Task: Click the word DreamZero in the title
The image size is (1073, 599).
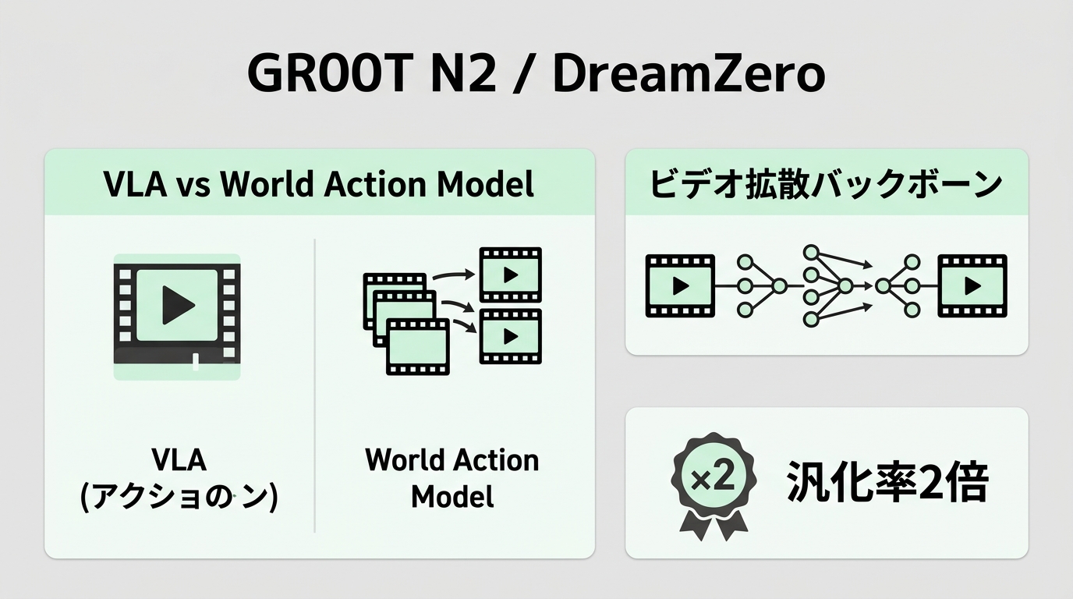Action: click(689, 74)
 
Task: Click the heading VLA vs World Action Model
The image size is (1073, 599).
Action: click(319, 184)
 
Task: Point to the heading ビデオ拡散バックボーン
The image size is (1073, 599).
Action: click(826, 184)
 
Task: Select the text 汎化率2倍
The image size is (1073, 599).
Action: click(887, 482)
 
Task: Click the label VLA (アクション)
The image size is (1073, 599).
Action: click(179, 479)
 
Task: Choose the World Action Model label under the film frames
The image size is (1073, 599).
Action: click(452, 478)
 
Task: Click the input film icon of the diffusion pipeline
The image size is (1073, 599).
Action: click(680, 286)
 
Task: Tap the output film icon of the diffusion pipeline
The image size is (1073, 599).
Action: click(972, 286)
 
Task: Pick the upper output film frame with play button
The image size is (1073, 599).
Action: click(511, 275)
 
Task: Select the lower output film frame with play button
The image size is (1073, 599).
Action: click(511, 336)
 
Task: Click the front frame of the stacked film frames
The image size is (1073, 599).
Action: click(418, 346)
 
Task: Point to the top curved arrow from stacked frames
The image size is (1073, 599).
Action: click(453, 274)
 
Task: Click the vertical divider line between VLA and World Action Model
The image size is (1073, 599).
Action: click(315, 386)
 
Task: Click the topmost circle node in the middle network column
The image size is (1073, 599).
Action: click(811, 253)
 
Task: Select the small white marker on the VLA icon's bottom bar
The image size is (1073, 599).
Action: click(196, 362)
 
